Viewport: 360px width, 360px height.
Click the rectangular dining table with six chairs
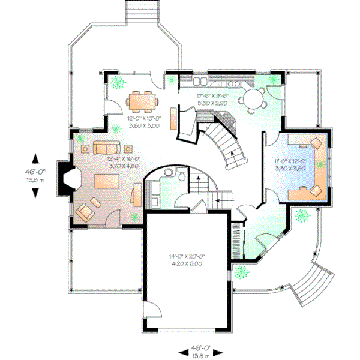(x=142, y=101)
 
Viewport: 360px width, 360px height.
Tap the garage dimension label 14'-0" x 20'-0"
(x=189, y=260)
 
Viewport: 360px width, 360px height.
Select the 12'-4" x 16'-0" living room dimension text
(x=124, y=161)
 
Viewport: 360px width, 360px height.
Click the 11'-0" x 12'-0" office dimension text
(x=290, y=165)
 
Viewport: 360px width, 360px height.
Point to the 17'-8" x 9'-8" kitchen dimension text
(x=214, y=99)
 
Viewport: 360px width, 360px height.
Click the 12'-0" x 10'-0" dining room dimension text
(x=143, y=122)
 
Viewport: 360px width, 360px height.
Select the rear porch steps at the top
(x=143, y=11)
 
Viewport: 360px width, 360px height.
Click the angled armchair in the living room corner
(x=87, y=209)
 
